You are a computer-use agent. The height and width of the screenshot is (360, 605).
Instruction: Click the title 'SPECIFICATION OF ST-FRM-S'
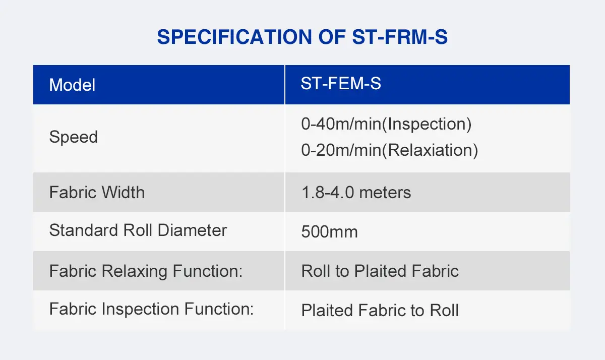302,37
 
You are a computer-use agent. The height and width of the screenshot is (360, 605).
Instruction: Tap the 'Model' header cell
72,85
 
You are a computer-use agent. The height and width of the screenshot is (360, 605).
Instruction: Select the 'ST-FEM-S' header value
341,84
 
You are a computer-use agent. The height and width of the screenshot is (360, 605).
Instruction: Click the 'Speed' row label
74,137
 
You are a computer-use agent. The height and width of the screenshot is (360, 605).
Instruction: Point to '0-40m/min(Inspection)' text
386,124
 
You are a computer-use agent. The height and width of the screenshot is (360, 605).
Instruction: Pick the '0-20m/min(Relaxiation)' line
389,150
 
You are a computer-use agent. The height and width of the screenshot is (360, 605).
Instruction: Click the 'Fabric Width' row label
97,192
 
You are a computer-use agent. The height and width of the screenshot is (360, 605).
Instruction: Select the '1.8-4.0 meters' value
356,192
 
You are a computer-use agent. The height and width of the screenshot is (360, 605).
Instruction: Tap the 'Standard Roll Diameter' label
138,230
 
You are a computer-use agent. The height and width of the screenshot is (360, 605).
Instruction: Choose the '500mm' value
329,232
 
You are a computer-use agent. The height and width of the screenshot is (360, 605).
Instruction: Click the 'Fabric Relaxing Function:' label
146,271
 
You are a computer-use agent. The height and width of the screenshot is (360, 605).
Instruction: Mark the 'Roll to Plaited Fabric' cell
380,271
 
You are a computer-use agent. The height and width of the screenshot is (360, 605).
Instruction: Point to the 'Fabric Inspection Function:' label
151,309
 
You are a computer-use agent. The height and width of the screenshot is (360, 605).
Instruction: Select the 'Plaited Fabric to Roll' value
380,310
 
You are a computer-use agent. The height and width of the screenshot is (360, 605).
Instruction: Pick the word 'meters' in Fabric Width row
384,192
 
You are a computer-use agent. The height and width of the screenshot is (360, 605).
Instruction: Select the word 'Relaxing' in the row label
135,271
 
